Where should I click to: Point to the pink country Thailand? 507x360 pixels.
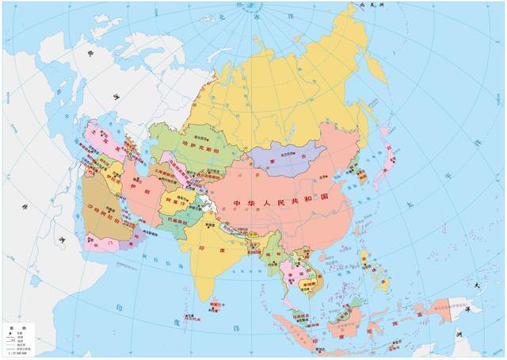(285, 266)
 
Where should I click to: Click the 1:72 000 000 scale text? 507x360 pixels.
(21, 353)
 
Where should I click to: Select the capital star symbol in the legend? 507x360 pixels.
(10, 332)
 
